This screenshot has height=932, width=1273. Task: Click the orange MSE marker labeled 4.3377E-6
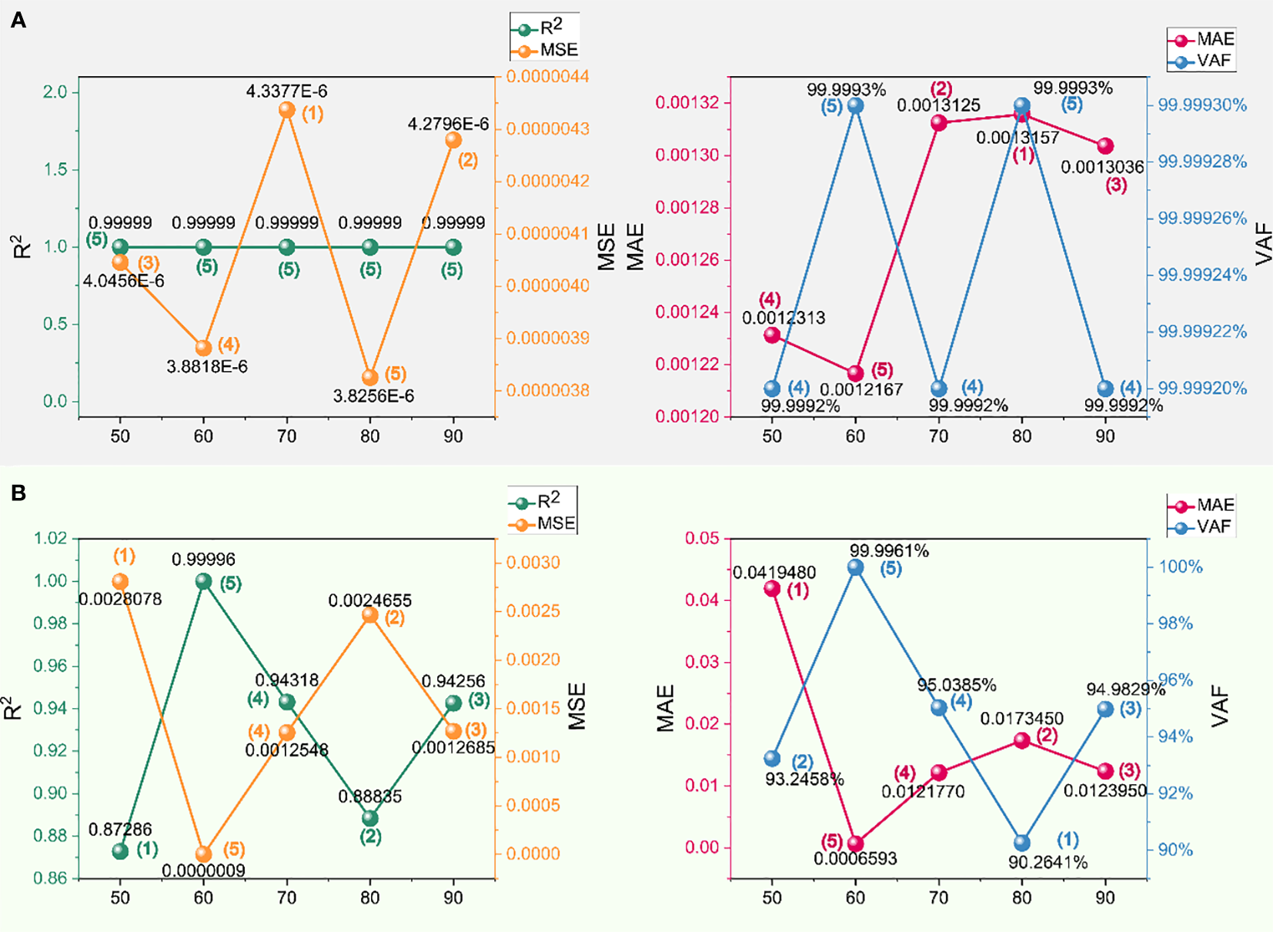287,110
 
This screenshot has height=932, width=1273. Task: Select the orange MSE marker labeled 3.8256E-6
370,377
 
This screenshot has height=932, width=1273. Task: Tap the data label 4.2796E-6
448,124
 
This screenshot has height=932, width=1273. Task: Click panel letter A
18,21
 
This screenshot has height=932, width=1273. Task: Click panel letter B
18,493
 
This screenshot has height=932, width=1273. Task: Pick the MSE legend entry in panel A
546,50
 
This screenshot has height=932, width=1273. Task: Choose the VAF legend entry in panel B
1203,527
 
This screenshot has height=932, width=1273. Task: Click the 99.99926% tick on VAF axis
1202,219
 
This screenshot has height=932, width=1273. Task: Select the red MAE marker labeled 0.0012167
855,373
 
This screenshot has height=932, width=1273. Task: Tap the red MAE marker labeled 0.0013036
1105,146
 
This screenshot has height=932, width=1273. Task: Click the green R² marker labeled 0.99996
203,581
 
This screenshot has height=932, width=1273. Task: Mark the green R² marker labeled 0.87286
120,851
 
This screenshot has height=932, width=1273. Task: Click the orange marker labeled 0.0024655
370,614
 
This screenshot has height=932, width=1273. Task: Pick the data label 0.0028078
120,599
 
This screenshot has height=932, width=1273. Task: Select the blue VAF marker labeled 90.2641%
1022,843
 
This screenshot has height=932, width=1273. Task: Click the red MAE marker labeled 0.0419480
772,589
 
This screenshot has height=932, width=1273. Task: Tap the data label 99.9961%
889,551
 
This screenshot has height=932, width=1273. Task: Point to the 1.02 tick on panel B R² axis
51,538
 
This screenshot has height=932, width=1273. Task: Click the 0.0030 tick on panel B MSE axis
533,563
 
